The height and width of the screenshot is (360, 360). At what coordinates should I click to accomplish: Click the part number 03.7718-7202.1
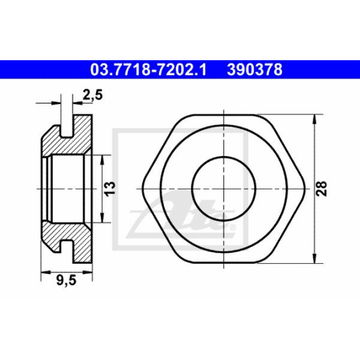pos(148,70)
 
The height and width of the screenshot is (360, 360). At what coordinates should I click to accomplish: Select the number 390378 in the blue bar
pos(254,70)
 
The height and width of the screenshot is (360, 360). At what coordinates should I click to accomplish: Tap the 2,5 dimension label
pos(93,95)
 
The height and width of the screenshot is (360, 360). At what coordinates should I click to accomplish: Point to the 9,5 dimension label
pos(66,281)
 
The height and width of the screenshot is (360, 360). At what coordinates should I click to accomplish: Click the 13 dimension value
pos(110,189)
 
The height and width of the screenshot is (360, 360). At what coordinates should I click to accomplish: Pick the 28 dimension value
pos(321,189)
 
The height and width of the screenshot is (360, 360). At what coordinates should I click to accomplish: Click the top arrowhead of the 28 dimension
pos(315,119)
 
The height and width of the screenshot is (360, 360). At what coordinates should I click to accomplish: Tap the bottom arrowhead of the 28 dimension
pos(315,258)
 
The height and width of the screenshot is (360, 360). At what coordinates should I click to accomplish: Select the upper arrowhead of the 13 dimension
pos(102,160)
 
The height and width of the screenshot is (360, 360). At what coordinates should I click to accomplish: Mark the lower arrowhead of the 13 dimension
pos(102,217)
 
